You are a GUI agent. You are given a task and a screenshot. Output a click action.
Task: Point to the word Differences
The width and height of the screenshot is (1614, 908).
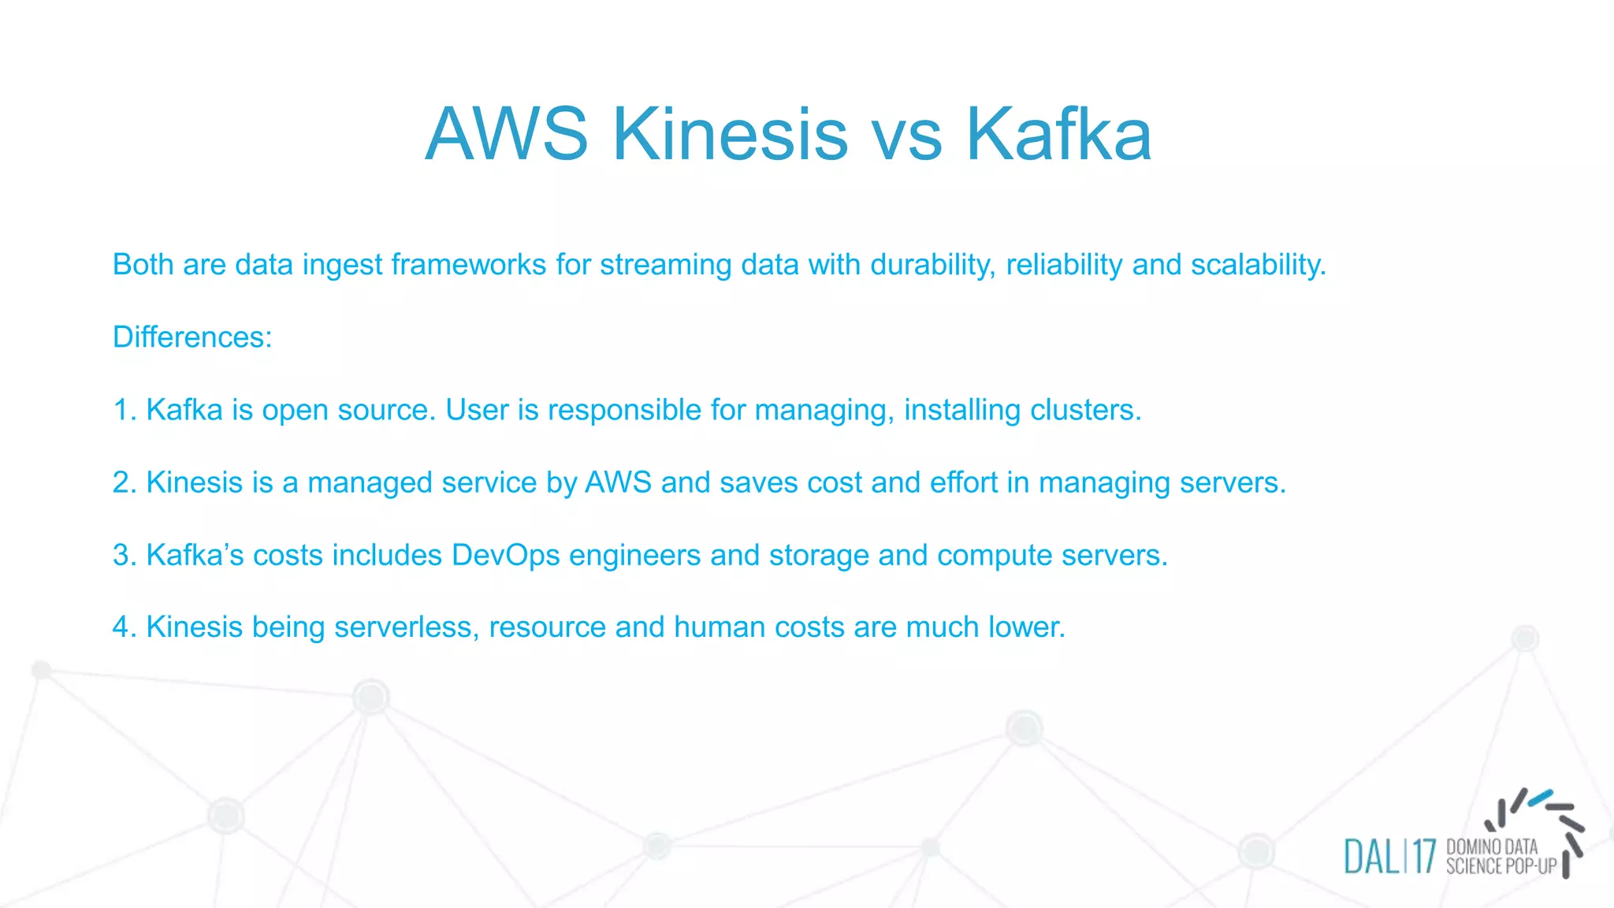(x=192, y=337)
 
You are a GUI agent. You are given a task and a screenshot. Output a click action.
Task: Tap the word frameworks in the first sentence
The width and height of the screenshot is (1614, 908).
(x=468, y=265)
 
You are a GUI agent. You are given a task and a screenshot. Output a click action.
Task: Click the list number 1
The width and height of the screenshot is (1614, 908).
(x=122, y=410)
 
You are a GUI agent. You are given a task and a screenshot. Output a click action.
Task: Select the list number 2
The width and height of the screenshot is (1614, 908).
(x=122, y=482)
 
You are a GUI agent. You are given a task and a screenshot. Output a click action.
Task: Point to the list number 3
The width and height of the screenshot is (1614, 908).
(x=122, y=555)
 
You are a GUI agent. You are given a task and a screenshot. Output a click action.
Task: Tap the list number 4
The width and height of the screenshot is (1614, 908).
(x=122, y=627)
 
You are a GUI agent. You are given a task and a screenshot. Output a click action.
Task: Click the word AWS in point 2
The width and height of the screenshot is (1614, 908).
(x=618, y=482)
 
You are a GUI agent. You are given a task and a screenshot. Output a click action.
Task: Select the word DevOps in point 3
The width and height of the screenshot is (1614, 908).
(x=505, y=555)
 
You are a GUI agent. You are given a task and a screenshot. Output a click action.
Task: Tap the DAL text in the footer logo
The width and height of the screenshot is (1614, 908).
(x=1371, y=857)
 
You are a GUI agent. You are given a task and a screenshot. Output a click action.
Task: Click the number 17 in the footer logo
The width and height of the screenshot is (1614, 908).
(x=1424, y=857)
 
